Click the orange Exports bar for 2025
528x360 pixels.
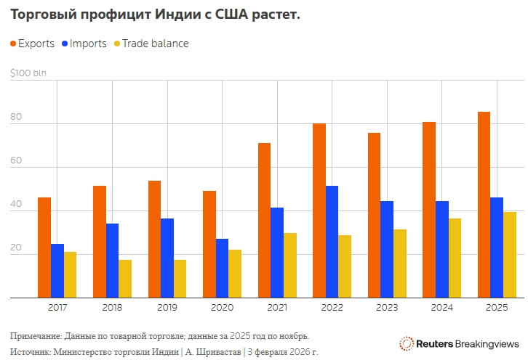click(x=484, y=205)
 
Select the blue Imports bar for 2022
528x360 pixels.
click(x=332, y=242)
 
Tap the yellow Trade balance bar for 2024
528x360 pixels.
click(x=455, y=258)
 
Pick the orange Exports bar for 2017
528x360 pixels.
click(x=44, y=247)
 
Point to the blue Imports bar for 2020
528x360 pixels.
click(x=223, y=268)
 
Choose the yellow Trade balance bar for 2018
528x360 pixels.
click(x=125, y=279)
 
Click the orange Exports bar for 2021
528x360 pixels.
click(x=264, y=220)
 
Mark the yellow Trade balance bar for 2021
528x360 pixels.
click(x=291, y=265)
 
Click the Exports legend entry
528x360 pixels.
click(x=36, y=44)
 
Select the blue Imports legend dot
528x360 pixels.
click(x=65, y=44)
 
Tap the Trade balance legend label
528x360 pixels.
click(x=155, y=44)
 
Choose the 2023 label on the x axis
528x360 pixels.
click(x=387, y=308)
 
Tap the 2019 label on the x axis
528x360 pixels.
click(x=167, y=308)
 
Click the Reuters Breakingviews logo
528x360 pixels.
click(x=460, y=343)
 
